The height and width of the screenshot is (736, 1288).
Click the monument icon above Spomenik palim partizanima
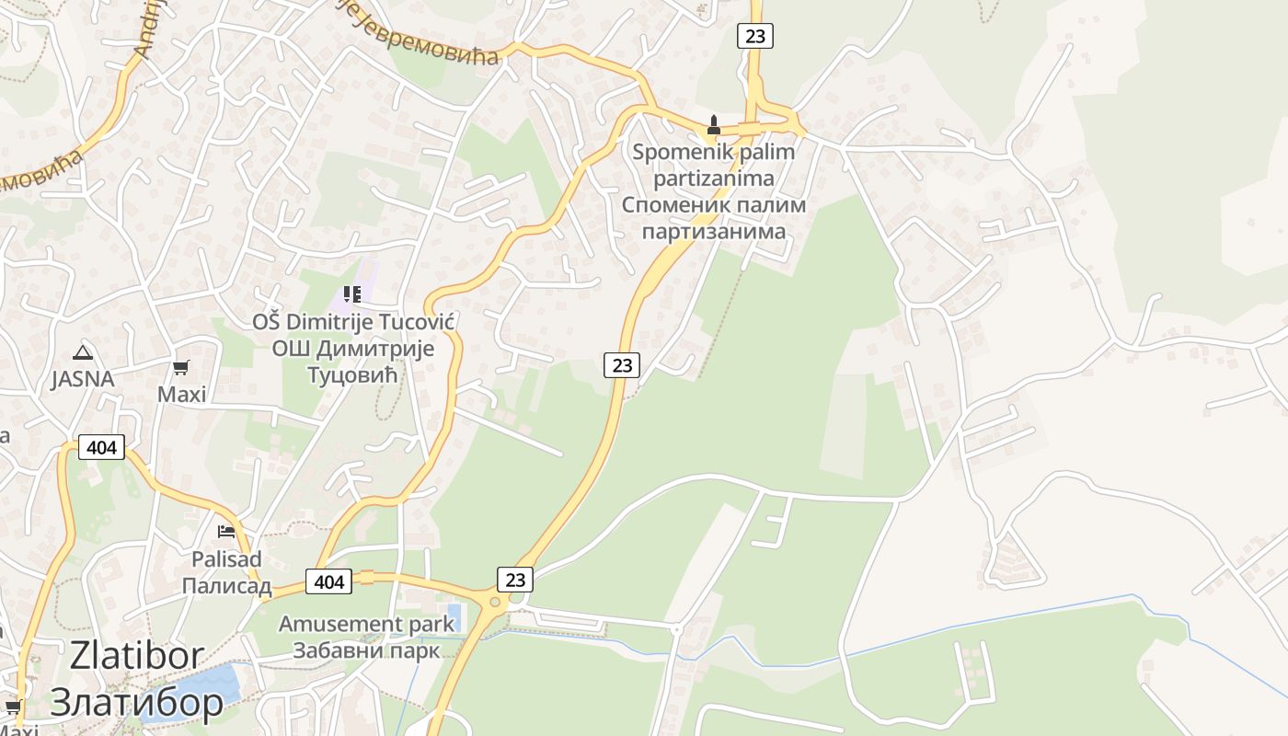[x=713, y=124]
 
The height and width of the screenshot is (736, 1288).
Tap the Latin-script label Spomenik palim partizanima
[x=713, y=164]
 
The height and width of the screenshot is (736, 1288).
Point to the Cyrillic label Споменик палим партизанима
[x=713, y=217]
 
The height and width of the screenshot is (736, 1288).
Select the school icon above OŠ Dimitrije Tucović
[x=351, y=294]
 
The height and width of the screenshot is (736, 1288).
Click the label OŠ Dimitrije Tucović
[x=354, y=322]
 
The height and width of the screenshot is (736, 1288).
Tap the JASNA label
[x=83, y=379]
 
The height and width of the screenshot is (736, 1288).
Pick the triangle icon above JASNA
[x=83, y=351]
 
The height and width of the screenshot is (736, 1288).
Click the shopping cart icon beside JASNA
[x=181, y=367]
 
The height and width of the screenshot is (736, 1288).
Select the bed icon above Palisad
[x=225, y=532]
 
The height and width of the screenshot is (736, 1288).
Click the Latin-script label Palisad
[x=226, y=559]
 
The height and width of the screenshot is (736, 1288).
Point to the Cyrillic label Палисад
[x=226, y=586]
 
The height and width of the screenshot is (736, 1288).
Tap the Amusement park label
[x=366, y=624]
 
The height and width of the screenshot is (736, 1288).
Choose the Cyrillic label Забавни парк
[x=366, y=650]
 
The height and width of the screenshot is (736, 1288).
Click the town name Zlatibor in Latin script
[x=136, y=656]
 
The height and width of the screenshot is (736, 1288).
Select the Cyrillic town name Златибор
[x=136, y=703]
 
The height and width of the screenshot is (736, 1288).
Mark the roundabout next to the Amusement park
[x=497, y=603]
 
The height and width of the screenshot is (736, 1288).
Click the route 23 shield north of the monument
[x=754, y=36]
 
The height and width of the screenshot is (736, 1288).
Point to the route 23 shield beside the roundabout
[x=515, y=580]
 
